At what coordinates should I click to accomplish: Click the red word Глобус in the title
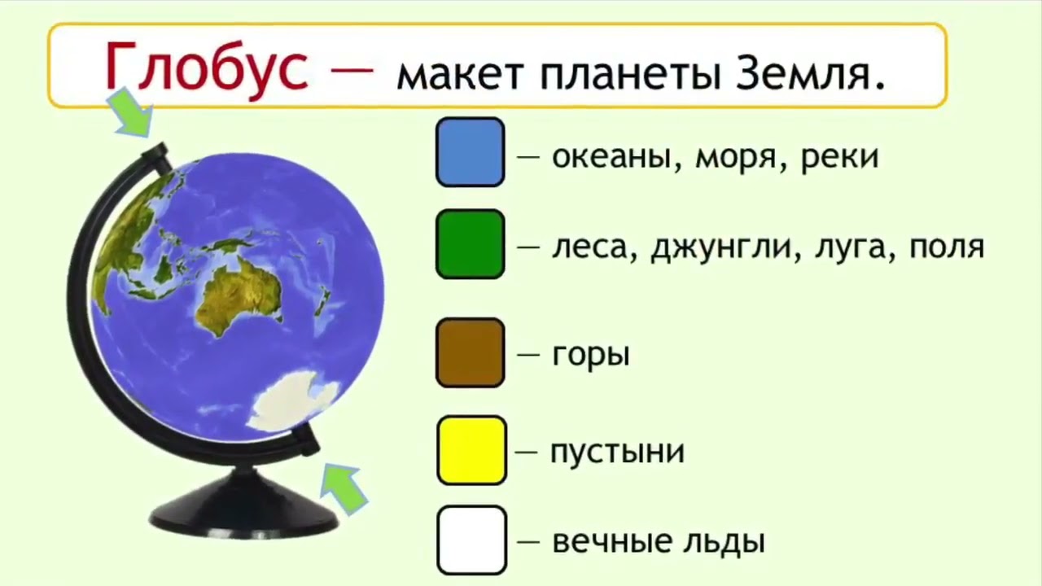(207, 69)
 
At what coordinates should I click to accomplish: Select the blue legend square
(471, 152)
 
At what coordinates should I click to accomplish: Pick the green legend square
(471, 244)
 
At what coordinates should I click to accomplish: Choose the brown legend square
(471, 353)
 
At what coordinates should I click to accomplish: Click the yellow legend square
(471, 451)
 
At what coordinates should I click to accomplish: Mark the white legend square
(471, 540)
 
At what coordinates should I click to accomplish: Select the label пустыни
(618, 452)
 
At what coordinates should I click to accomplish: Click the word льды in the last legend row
(724, 541)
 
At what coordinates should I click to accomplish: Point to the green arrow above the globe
(131, 112)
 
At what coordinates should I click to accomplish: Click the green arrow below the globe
(344, 489)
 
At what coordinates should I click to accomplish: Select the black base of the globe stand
(243, 507)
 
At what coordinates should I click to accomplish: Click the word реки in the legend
(839, 157)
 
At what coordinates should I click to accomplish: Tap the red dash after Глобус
(352, 70)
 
